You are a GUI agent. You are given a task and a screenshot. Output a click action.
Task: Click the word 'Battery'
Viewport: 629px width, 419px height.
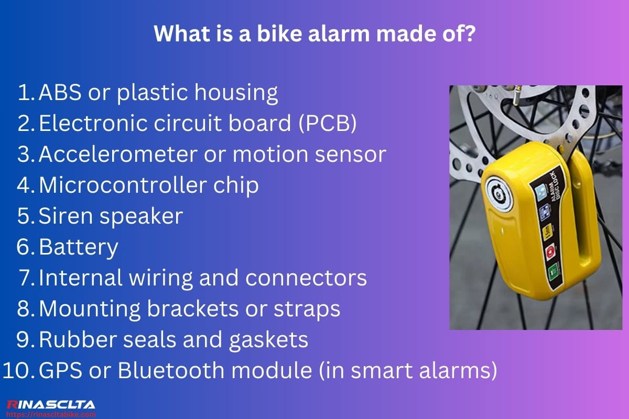pyautogui.click(x=79, y=248)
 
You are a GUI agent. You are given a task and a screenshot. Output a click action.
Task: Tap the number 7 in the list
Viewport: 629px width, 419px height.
pyautogui.click(x=27, y=278)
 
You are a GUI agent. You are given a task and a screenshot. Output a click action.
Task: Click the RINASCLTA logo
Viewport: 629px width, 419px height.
pyautogui.click(x=51, y=404)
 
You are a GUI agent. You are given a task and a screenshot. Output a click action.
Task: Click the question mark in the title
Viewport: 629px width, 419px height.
pyautogui.click(x=469, y=35)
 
